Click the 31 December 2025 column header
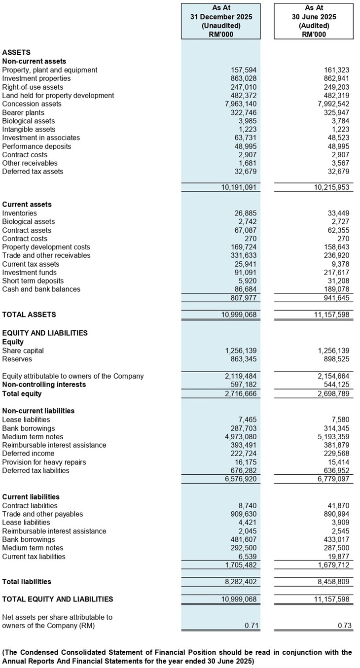point(221,17)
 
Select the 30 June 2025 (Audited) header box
point(314,21)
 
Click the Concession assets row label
point(32,104)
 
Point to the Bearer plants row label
point(25,112)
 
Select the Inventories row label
point(20,213)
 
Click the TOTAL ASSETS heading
point(29,315)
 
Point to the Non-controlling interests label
point(44,385)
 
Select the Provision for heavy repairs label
point(44,462)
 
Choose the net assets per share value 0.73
point(344,626)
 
